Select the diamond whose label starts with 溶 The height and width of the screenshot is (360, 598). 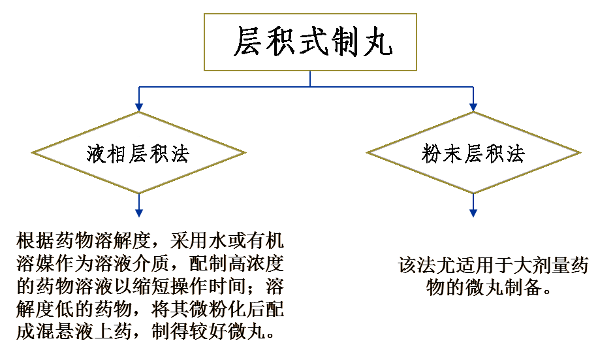tap(138, 153)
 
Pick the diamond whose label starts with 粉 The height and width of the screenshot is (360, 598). tap(473, 153)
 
